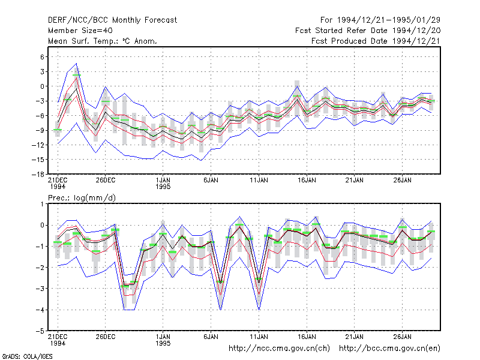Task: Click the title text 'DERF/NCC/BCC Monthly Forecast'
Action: coord(112,20)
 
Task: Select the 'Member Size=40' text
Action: coord(80,31)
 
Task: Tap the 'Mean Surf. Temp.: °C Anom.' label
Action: coord(102,41)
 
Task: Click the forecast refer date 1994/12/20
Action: coord(416,31)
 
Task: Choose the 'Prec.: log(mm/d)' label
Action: coord(82,198)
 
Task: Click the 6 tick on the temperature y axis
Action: coord(42,56)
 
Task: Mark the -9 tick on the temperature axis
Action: coord(40,130)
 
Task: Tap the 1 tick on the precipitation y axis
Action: coord(42,204)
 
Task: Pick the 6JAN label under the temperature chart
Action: coord(211,181)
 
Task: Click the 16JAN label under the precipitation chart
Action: coord(307,337)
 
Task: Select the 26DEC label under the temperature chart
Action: coord(106,181)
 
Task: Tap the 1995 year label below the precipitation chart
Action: coord(163,343)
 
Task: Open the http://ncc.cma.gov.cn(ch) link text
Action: coord(279,349)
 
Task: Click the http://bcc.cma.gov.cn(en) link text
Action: coord(389,349)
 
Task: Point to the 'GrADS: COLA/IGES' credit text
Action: coord(27,356)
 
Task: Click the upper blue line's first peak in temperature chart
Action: coord(76,64)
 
